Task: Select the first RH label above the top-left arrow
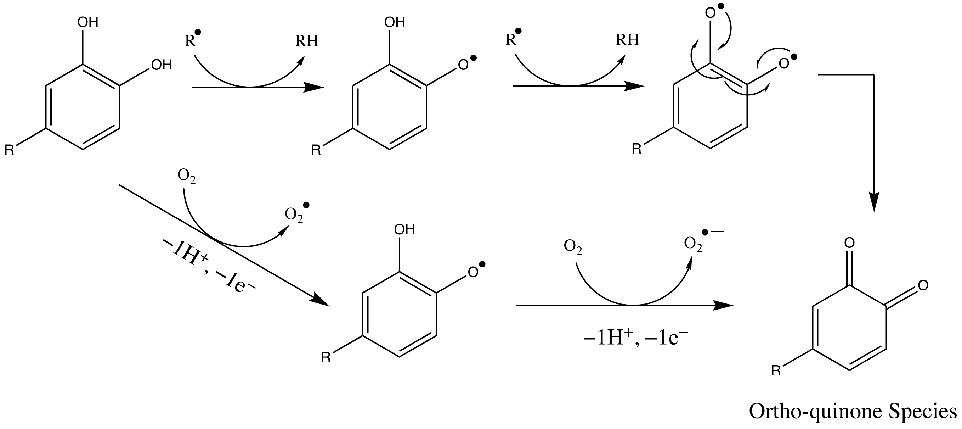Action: point(307,40)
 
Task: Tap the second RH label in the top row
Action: point(627,39)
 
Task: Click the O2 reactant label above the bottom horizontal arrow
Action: point(573,247)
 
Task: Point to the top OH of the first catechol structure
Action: point(88,22)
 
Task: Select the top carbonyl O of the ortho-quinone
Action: point(850,243)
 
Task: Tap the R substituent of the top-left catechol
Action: point(9,150)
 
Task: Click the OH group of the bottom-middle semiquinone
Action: point(404,229)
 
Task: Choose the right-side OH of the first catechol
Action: point(161,65)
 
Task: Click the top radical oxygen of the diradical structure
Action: point(710,13)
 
